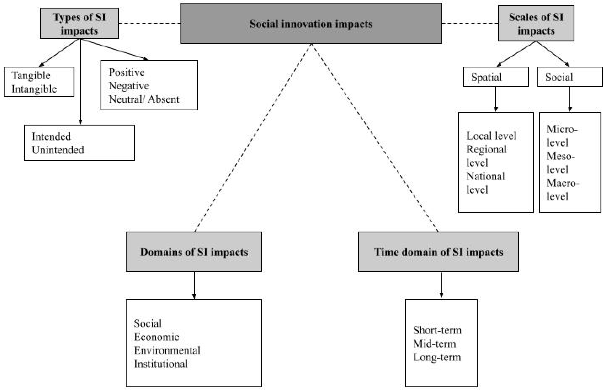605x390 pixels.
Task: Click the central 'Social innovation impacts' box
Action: pos(311,23)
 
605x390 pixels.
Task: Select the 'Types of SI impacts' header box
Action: pos(79,23)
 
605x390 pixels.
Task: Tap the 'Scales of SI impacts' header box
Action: pos(536,23)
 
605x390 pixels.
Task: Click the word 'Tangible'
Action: pos(31,75)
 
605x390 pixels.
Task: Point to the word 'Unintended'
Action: pos(58,150)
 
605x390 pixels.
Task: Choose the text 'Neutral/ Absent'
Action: pos(144,99)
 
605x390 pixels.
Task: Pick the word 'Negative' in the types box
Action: pos(129,86)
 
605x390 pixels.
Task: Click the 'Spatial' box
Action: pos(496,77)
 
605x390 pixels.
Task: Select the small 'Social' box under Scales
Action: pos(570,77)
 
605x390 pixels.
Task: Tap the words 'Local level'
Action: pos(491,136)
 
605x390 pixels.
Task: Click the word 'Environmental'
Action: pos(167,350)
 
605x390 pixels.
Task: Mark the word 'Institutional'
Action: pos(161,364)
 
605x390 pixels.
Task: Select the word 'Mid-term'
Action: pos(434,344)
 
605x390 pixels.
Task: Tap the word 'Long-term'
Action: pos(437,357)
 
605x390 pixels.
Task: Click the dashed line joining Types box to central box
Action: pos(149,23)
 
